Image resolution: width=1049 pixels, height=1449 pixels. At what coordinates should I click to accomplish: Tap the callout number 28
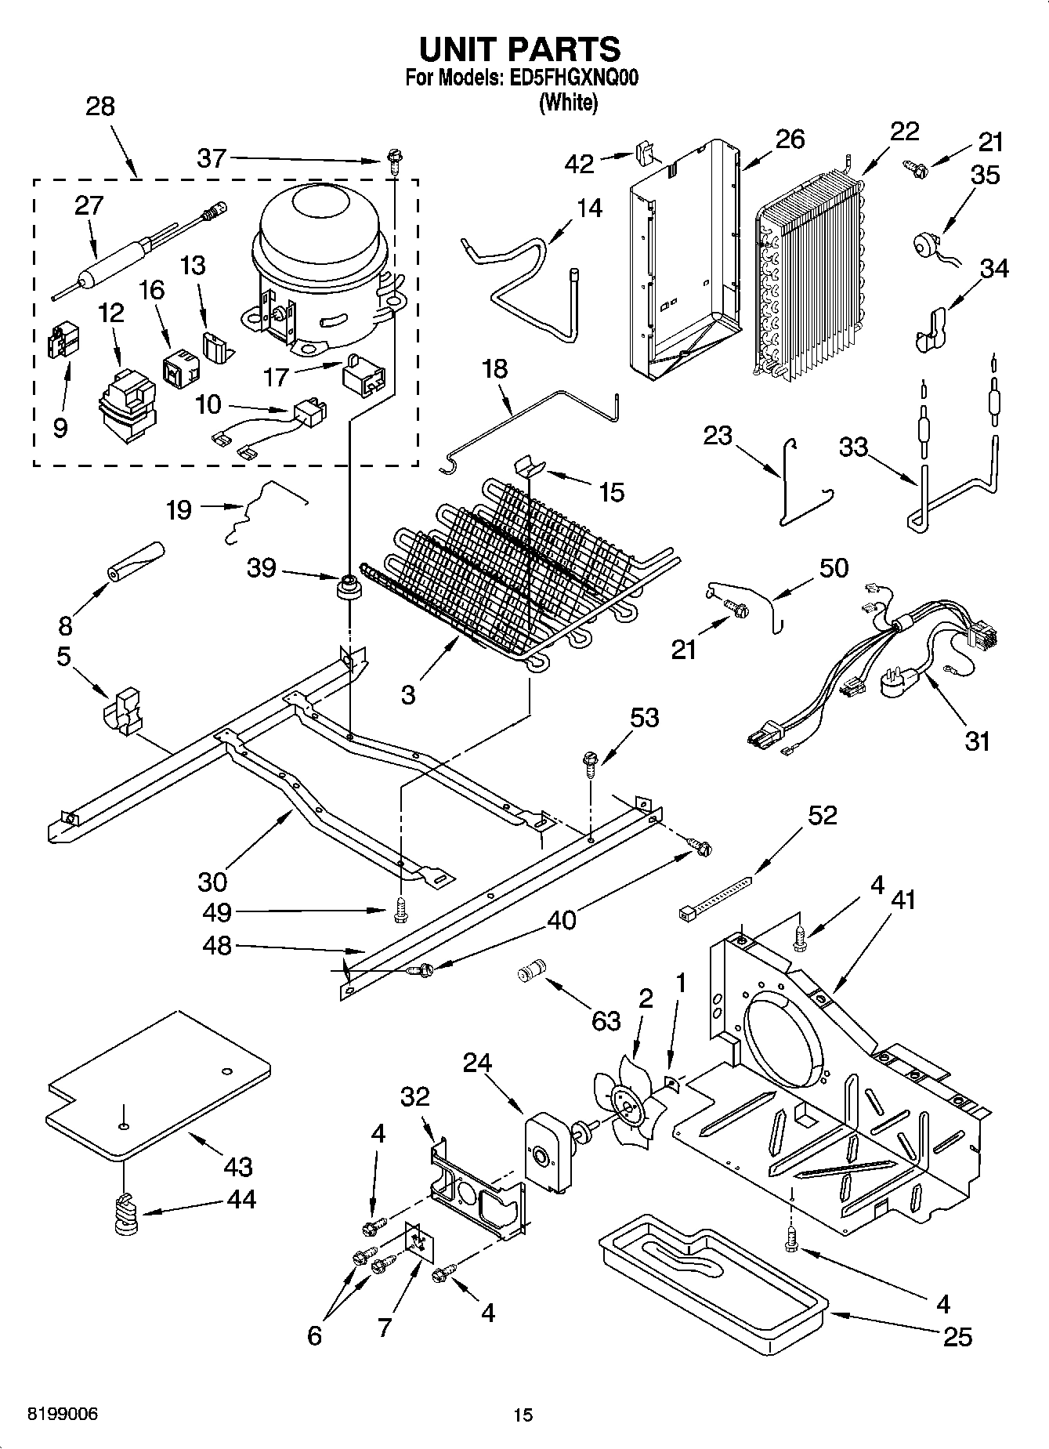[x=99, y=106]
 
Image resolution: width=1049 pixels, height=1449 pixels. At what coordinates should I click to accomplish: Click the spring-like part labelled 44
[x=125, y=1214]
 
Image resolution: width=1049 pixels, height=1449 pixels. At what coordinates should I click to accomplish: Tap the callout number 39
[x=261, y=568]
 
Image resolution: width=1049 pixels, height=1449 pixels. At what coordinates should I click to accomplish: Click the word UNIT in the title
[x=458, y=49]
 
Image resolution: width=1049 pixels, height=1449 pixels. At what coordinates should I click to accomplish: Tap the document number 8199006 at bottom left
[x=63, y=1415]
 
